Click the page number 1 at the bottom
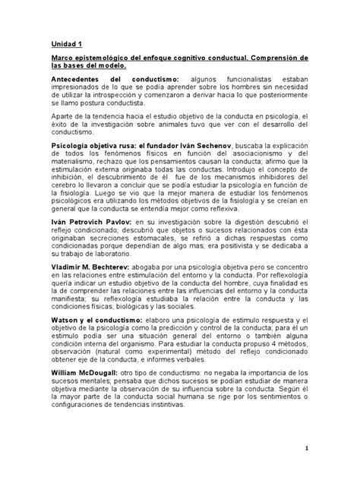305,449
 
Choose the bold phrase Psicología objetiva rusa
93,144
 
